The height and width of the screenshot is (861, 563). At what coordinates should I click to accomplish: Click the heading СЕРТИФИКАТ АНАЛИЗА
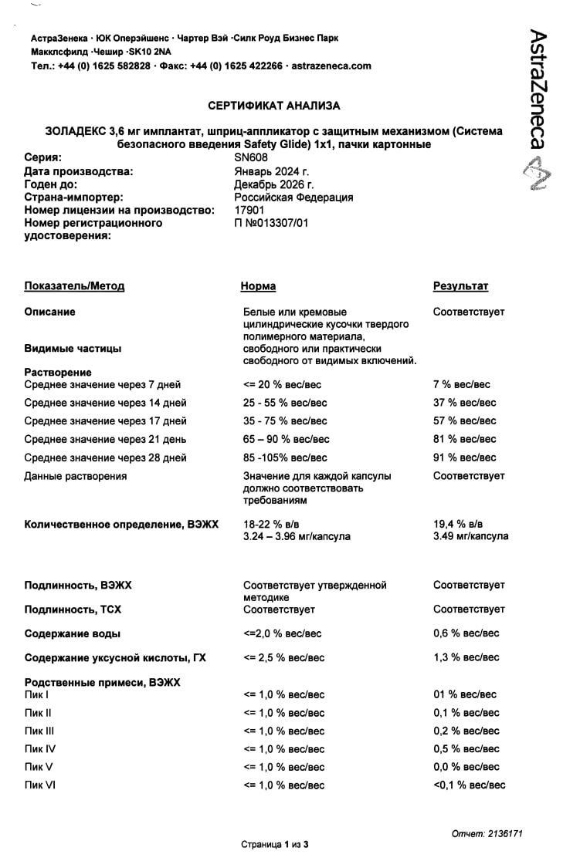point(274,106)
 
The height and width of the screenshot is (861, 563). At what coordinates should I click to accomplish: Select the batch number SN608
point(251,157)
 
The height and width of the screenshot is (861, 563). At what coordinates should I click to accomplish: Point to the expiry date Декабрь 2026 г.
point(274,184)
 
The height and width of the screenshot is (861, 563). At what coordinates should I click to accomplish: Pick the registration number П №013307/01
point(271,223)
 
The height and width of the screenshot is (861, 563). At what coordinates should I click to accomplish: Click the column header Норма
point(258,286)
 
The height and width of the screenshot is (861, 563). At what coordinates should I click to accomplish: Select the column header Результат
point(460,286)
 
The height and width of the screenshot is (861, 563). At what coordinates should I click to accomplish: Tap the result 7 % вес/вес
point(462,384)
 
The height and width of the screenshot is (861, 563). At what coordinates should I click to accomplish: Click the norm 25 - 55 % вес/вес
point(285,403)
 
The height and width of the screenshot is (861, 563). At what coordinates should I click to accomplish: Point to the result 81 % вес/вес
point(465,439)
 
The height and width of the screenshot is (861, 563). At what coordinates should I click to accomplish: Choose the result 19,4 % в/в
point(458,525)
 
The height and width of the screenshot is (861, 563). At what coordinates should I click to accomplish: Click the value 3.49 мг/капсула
point(471,536)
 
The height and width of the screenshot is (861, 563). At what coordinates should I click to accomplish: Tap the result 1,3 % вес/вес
point(466,658)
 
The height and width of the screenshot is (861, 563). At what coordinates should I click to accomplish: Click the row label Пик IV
point(40,749)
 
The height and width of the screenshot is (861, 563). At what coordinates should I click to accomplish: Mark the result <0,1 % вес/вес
point(470,785)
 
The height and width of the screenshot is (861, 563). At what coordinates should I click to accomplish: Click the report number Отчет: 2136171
point(487,834)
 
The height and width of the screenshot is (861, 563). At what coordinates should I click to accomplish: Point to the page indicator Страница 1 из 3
point(275,845)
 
